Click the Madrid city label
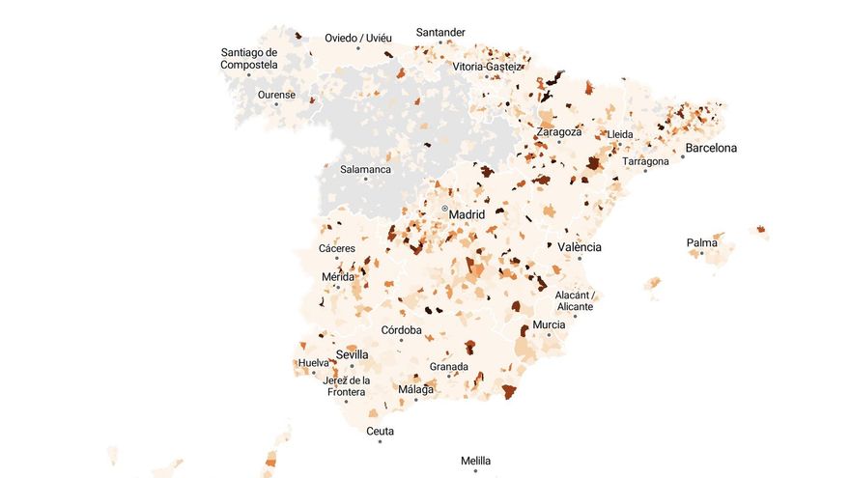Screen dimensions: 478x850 click(467, 214)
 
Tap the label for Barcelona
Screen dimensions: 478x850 click(711, 149)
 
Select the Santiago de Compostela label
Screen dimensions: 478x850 click(249, 59)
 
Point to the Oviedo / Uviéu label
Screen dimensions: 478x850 click(358, 38)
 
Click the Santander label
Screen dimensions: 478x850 click(440, 32)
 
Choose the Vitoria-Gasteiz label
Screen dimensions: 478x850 click(487, 67)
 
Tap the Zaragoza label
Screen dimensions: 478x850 click(559, 131)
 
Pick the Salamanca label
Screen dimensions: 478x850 click(365, 169)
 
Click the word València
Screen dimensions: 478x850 click(580, 247)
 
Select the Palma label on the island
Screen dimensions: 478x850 click(702, 242)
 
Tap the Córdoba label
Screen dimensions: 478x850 click(402, 330)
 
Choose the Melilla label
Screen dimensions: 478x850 click(475, 461)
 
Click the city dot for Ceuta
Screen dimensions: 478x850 click(380, 441)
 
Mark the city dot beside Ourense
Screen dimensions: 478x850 click(276, 104)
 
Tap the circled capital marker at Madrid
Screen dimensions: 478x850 click(444, 209)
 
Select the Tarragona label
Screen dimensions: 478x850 click(645, 161)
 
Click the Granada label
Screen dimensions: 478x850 click(449, 367)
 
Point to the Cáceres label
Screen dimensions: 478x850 click(337, 249)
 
